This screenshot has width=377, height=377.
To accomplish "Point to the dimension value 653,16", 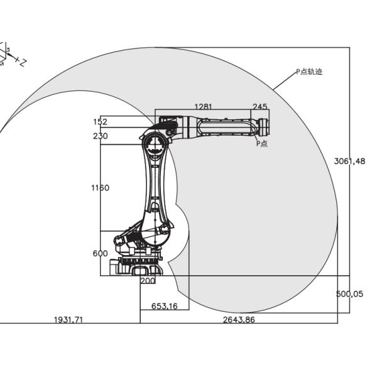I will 165,306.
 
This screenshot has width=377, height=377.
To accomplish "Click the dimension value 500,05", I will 350,293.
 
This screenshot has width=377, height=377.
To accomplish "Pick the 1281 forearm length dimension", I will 204,106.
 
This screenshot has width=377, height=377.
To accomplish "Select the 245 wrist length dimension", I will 260,106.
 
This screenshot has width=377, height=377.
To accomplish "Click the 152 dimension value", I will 100,121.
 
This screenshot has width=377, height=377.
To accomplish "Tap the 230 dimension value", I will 100,136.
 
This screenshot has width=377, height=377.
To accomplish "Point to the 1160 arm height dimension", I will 100,187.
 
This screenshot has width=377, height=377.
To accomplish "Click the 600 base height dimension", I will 100,253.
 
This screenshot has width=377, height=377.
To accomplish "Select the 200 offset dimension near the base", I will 148,281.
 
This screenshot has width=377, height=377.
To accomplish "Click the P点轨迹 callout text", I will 310,72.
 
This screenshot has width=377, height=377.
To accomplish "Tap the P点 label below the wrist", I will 261,144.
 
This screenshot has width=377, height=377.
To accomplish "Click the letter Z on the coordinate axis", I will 21,63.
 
